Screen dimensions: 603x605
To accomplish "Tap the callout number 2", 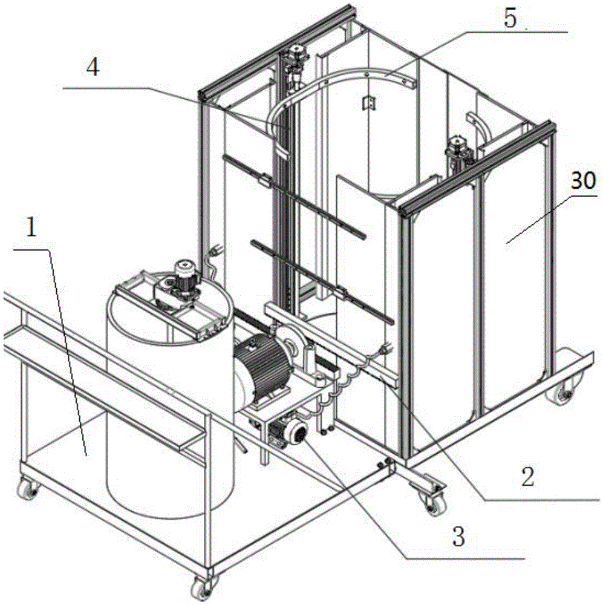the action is click(528, 477).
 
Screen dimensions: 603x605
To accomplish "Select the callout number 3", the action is click(460, 536).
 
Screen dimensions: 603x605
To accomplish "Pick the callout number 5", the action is click(510, 18).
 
